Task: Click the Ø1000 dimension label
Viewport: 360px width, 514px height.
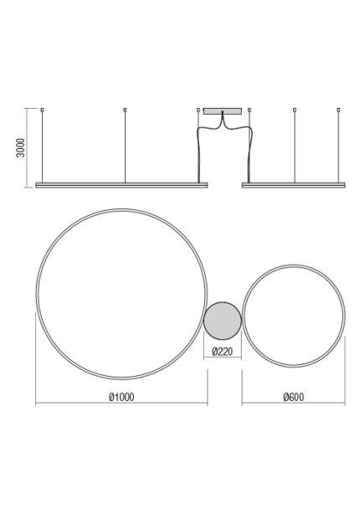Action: [x=121, y=397]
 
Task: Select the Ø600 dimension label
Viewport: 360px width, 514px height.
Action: [x=294, y=397]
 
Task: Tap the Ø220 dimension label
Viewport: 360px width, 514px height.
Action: [x=223, y=352]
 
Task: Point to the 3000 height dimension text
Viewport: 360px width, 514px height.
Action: [x=21, y=148]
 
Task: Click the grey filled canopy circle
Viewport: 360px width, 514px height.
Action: [x=223, y=321]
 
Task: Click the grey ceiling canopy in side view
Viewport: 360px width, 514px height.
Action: [x=223, y=111]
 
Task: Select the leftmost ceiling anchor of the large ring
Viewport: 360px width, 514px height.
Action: [x=42, y=110]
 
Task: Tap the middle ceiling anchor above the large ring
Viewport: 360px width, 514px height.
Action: [x=125, y=110]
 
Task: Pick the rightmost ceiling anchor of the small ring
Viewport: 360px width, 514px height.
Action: [x=339, y=110]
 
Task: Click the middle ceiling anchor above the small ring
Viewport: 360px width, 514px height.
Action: [x=295, y=110]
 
